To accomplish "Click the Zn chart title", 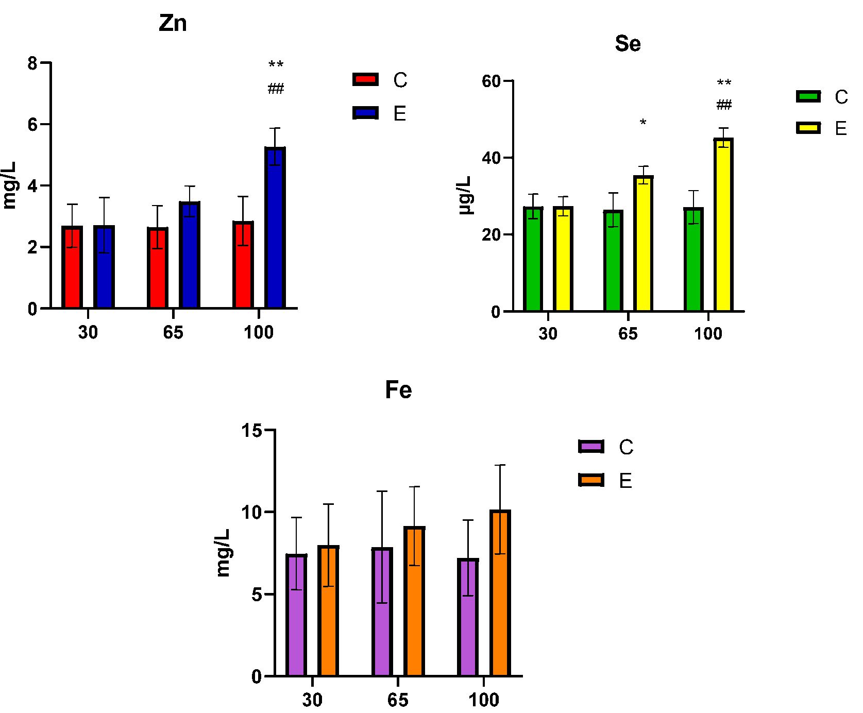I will coord(173,24).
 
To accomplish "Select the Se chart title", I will coord(628,44).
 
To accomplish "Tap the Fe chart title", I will coord(398,390).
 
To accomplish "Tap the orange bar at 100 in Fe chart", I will coord(500,592).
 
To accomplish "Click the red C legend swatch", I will coord(365,79).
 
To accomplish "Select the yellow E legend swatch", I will coord(808,128).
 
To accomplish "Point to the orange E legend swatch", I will coord(591,481).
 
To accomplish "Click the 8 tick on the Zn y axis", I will coord(32,63).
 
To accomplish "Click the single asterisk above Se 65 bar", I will coord(643,123).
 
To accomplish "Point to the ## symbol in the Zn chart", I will coord(276,89).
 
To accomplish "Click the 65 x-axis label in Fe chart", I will coord(398,700).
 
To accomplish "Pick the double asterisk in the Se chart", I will coord(724,82).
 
